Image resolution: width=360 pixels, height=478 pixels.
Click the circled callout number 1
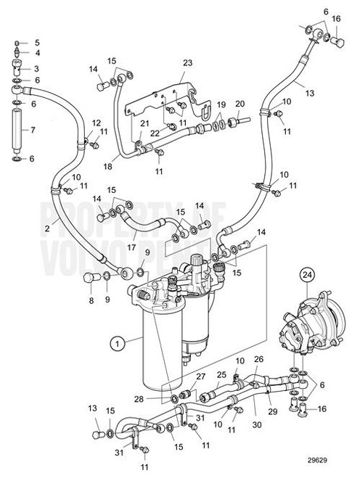pyautogui.click(x=118, y=344)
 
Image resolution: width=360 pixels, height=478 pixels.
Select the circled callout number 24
pyautogui.click(x=307, y=275)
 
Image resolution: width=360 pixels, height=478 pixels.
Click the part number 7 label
pyautogui.click(x=33, y=130)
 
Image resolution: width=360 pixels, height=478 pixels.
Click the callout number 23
pyautogui.click(x=188, y=63)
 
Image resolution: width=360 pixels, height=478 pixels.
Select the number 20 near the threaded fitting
pyautogui.click(x=240, y=104)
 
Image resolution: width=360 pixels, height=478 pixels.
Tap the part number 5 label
pyautogui.click(x=37, y=43)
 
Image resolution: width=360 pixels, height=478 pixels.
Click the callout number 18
pyautogui.click(x=107, y=166)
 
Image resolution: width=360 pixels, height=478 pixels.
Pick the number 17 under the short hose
pyautogui.click(x=131, y=247)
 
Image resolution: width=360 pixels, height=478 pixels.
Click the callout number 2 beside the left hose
pyautogui.click(x=47, y=228)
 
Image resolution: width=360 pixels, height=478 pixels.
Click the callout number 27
pyautogui.click(x=201, y=376)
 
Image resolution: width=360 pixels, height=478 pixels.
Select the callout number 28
pyautogui.click(x=139, y=399)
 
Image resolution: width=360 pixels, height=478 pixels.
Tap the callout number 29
pyautogui.click(x=273, y=411)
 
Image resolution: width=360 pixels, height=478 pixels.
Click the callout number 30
pyautogui.click(x=257, y=424)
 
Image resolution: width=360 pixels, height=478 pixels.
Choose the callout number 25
pyautogui.click(x=221, y=374)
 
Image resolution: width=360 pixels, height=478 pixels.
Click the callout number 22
pyautogui.click(x=155, y=133)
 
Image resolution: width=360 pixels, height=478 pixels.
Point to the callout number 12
pyautogui.click(x=97, y=123)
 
